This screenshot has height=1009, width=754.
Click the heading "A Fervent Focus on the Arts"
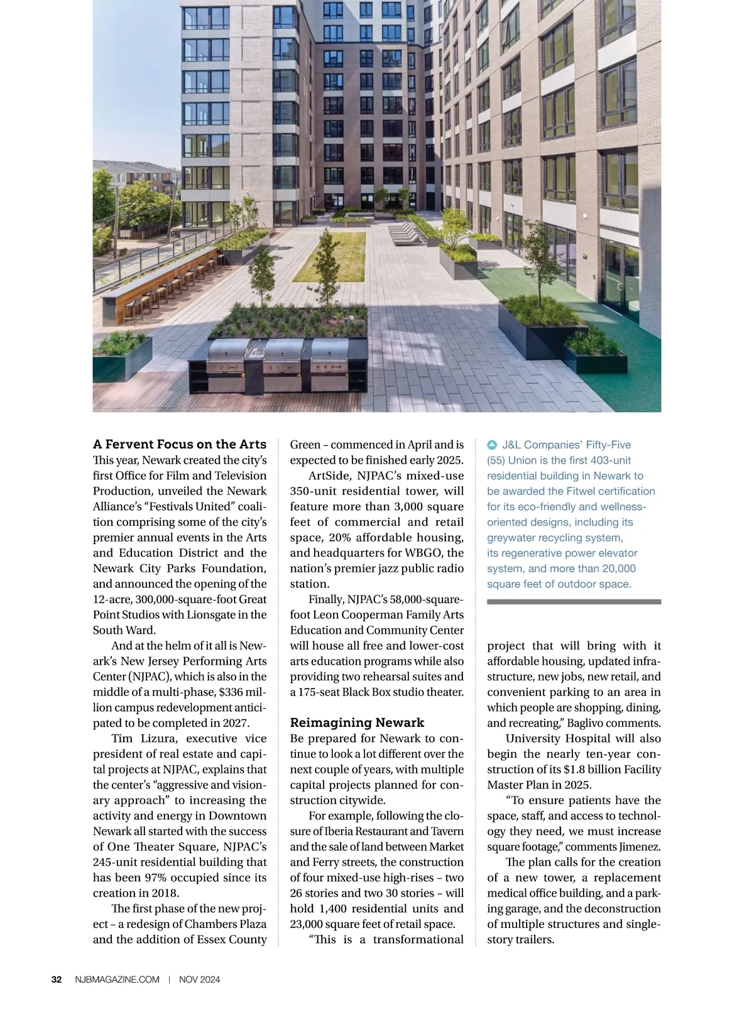(x=180, y=444)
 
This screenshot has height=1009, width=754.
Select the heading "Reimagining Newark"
(x=357, y=723)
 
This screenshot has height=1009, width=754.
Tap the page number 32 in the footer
(x=57, y=979)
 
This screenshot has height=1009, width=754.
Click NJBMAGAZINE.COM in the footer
(x=117, y=979)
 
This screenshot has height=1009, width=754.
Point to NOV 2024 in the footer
(x=199, y=979)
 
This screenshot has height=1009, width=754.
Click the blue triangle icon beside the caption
(x=493, y=445)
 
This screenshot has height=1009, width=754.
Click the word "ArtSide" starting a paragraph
(x=329, y=476)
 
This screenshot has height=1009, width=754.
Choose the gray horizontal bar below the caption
(x=574, y=601)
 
